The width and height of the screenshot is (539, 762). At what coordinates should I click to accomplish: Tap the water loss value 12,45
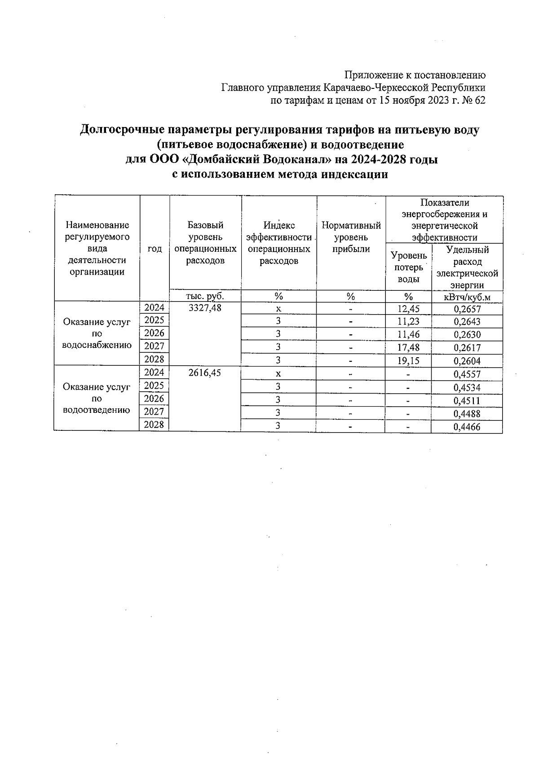pyautogui.click(x=408, y=309)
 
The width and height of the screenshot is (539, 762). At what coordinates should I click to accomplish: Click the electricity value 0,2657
pyautogui.click(x=467, y=309)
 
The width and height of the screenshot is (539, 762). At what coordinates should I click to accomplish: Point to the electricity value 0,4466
pyautogui.click(x=467, y=427)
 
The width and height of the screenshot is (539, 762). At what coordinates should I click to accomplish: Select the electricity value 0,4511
pyautogui.click(x=467, y=401)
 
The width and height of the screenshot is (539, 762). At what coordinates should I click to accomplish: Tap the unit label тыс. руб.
pyautogui.click(x=205, y=296)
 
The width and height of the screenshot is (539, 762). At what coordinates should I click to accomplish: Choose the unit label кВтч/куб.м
pyautogui.click(x=467, y=297)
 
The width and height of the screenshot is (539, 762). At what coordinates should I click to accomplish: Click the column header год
pyautogui.click(x=155, y=249)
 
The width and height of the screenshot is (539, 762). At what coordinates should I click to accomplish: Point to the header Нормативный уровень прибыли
pyautogui.click(x=351, y=237)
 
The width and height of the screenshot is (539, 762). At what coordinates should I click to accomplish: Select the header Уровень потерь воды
pyautogui.click(x=408, y=267)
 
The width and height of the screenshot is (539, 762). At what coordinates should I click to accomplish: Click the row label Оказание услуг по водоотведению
pyautogui.click(x=97, y=399)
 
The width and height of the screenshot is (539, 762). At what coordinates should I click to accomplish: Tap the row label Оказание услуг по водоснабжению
pyautogui.click(x=97, y=333)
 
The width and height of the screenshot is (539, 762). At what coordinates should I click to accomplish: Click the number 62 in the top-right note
pyautogui.click(x=480, y=101)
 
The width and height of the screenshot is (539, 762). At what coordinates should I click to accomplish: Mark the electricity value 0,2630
pyautogui.click(x=467, y=335)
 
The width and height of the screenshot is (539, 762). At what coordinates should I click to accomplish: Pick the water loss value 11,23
pyautogui.click(x=408, y=321)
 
